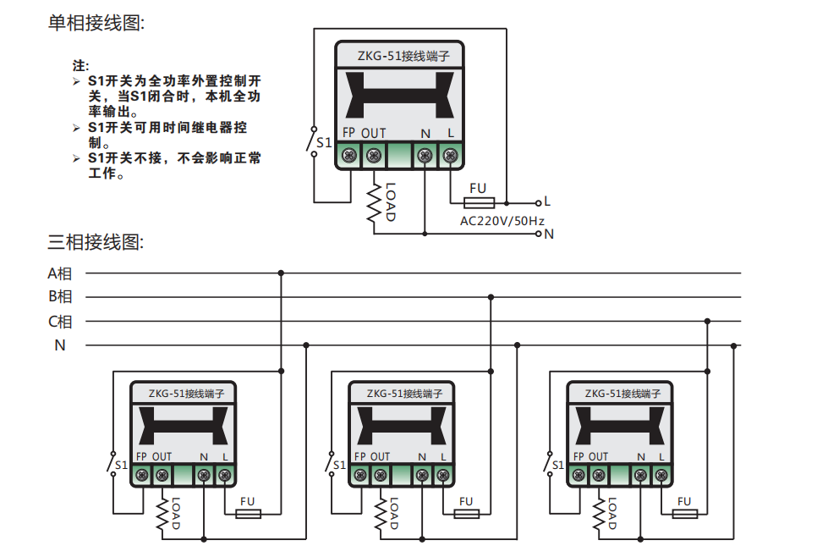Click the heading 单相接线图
[96, 24]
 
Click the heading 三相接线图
[96, 242]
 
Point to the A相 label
[60, 273]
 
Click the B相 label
[60, 297]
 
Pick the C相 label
[60, 322]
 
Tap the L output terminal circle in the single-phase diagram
[538, 203]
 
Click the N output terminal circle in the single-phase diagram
[538, 234]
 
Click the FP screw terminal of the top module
[348, 156]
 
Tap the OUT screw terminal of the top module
[373, 156]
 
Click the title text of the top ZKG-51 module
[398, 56]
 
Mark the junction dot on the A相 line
[281, 273]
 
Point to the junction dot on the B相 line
[491, 297]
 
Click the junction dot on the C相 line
[708, 322]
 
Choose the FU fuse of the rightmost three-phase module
[684, 514]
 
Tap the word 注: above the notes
[81, 65]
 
